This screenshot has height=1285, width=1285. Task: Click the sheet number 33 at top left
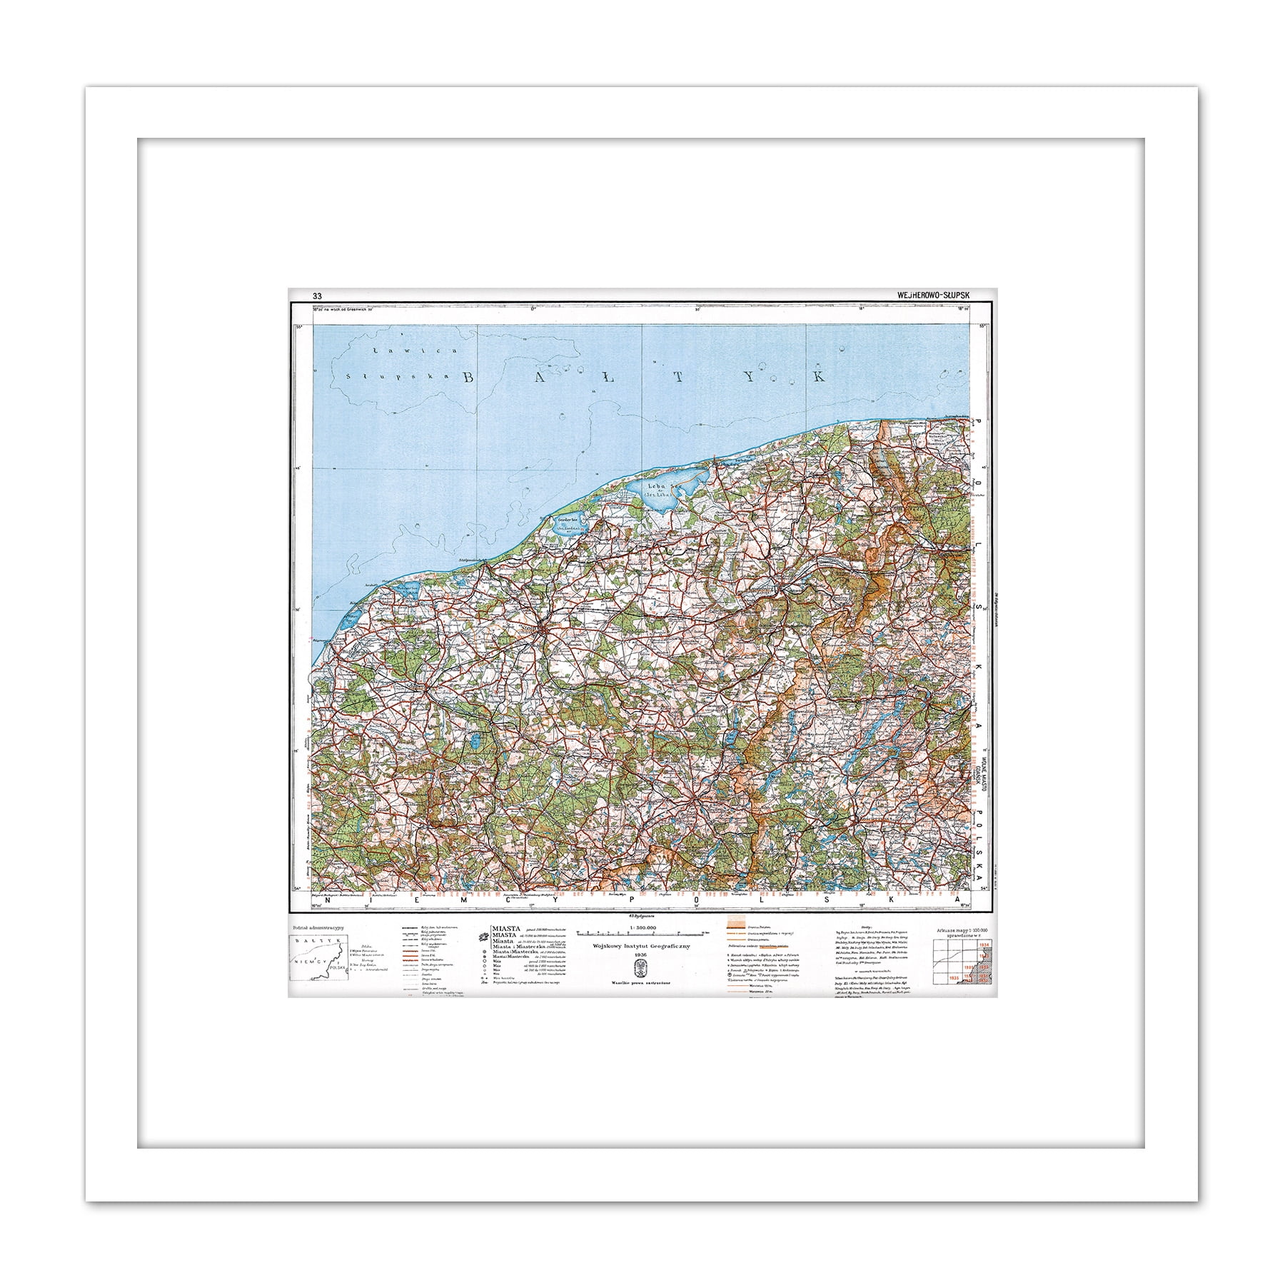pos(316,296)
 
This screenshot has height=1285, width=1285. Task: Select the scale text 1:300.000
pos(641,927)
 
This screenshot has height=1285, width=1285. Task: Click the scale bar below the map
pos(642,933)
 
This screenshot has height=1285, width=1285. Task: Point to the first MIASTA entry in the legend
pos(505,928)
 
